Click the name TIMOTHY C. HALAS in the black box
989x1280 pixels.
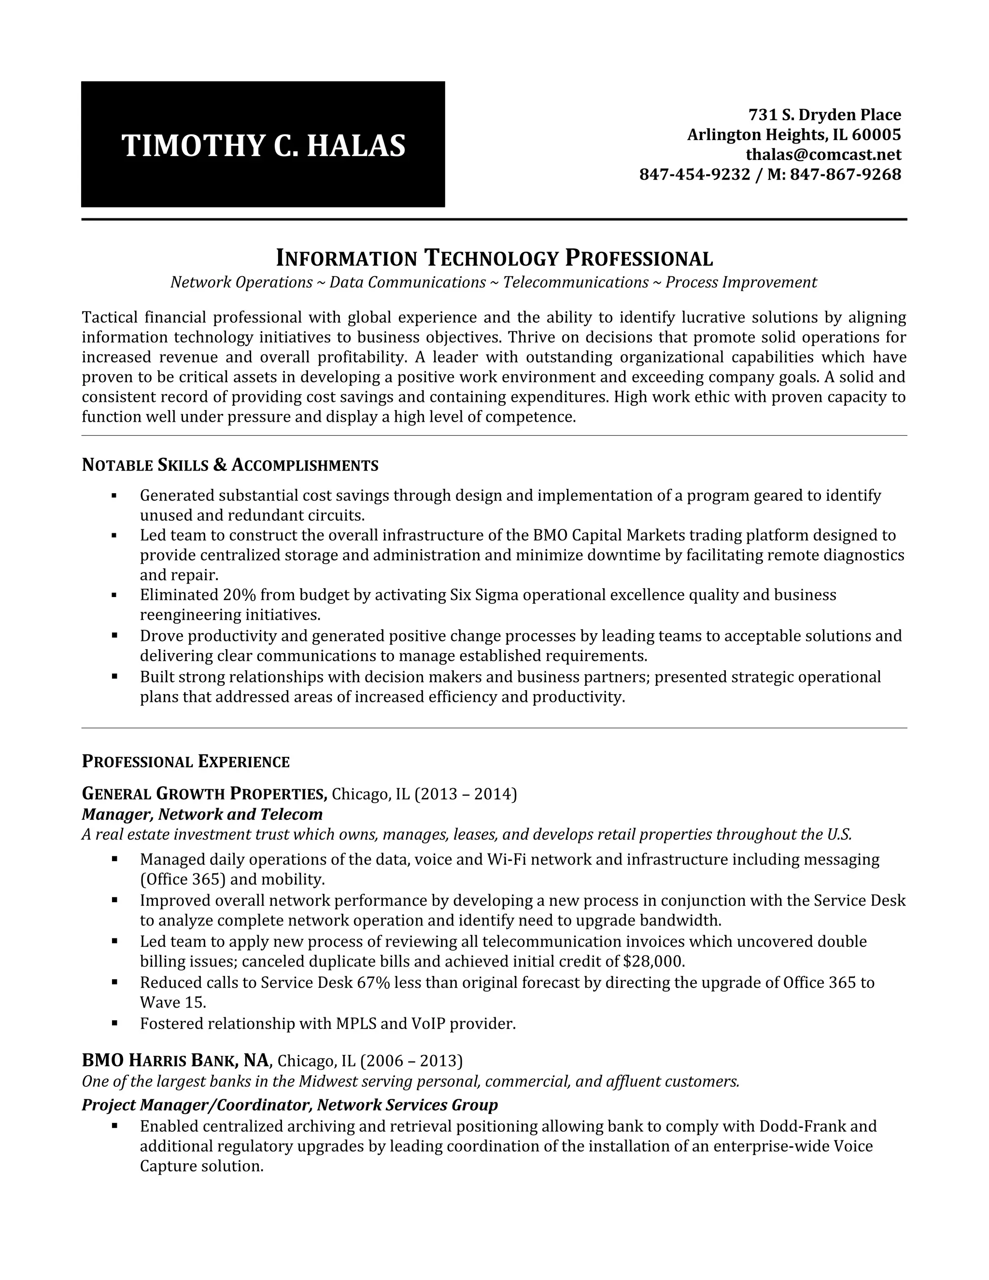263,145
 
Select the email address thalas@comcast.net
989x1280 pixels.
823,155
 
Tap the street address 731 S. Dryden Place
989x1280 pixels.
824,115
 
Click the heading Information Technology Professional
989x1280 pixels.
494,258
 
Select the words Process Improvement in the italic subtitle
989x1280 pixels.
741,283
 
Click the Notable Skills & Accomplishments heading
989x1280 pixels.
230,465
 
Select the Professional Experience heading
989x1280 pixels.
186,762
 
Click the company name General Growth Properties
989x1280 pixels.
204,794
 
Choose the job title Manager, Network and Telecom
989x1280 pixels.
202,814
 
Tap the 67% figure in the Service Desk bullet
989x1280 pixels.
373,982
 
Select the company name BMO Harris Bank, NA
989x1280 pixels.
176,1061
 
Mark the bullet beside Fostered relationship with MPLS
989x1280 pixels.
114,1024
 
